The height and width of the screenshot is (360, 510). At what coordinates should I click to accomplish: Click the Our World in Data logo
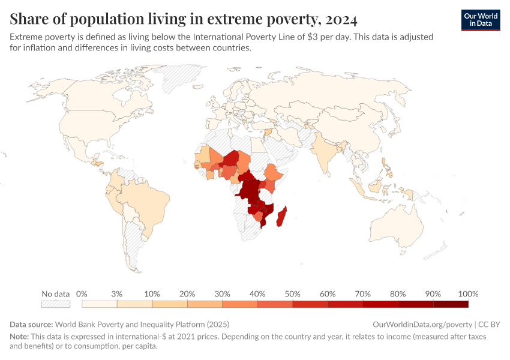click(x=480, y=20)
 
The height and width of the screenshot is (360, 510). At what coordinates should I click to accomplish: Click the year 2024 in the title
click(x=340, y=20)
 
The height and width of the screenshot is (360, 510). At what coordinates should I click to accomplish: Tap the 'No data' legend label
click(x=55, y=294)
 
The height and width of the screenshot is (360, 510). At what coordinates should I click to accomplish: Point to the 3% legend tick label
click(x=116, y=294)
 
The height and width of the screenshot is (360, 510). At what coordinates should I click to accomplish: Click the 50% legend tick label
click(x=292, y=294)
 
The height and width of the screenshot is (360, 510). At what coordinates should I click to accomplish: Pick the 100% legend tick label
click(x=468, y=294)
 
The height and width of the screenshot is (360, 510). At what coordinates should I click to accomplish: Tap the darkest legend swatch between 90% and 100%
click(x=451, y=304)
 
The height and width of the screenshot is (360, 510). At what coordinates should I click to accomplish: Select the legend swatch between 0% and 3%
click(x=99, y=304)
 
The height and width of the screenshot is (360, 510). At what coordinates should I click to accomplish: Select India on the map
click(x=324, y=150)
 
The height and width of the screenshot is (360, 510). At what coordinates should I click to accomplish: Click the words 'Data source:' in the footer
click(x=31, y=324)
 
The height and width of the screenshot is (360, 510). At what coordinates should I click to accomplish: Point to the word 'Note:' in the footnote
click(x=20, y=337)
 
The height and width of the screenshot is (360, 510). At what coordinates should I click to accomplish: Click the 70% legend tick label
click(x=362, y=294)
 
